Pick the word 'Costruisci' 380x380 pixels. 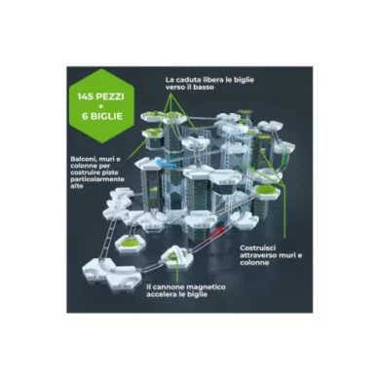259,248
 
